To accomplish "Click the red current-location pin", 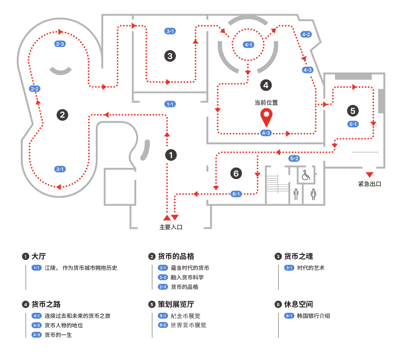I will point(267,117).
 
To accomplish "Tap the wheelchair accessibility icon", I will point(306,175).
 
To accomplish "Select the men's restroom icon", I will point(296,194).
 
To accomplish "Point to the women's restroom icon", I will point(313,194).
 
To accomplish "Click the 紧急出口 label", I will point(369,184).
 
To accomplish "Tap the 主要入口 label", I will point(171,227).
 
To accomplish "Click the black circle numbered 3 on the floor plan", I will point(170,56).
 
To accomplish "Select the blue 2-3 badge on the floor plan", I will point(60,44).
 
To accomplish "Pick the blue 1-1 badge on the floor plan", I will point(170,104).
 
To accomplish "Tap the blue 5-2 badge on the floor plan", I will point(294,158).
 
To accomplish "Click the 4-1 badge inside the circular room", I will point(248,45).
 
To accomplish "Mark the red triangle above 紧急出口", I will point(369,174).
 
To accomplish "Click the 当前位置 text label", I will point(266,103).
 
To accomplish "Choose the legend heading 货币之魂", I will point(298,256).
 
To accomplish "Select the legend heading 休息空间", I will point(298,304).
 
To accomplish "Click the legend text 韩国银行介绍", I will point(313,316).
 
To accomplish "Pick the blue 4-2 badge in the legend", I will point(37,325).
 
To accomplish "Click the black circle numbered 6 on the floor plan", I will point(236,173).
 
